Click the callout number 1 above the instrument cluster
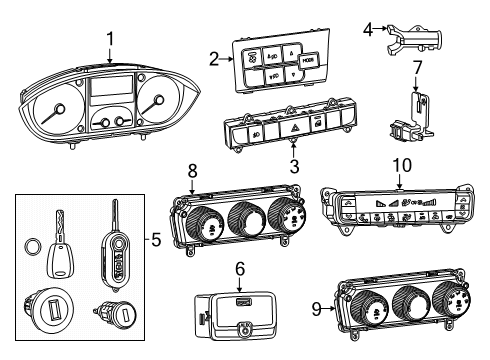(x=111, y=39)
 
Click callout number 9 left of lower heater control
(x=316, y=309)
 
